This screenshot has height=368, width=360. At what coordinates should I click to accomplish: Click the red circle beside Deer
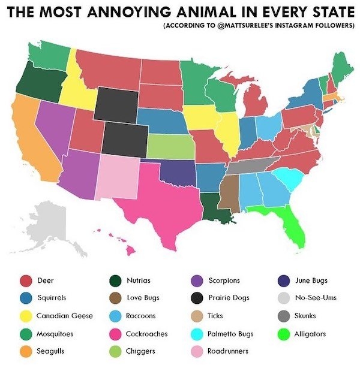[26, 280]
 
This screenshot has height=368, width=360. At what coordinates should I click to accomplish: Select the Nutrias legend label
[141, 280]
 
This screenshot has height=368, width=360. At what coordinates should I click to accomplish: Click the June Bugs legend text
[311, 280]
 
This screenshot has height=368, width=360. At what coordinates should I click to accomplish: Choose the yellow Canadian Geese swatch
[26, 316]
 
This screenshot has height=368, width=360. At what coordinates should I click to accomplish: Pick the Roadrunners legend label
[229, 351]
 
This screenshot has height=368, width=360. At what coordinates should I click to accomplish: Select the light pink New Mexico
[116, 177]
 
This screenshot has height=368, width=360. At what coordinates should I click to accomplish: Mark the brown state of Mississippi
[228, 192]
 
